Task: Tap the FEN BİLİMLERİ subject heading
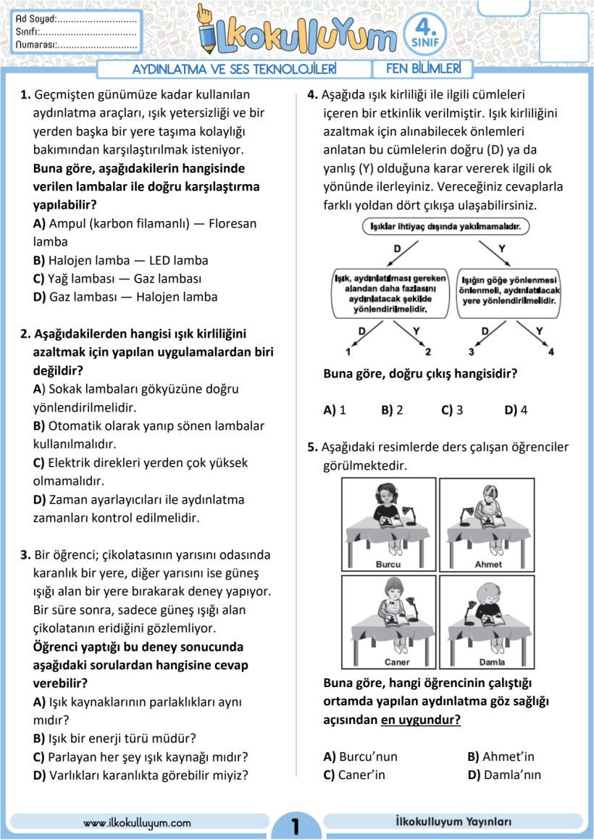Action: point(423,70)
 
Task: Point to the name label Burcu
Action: point(388,564)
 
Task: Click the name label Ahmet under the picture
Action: point(488,564)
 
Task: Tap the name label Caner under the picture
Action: point(396,662)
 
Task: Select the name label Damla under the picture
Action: point(492,662)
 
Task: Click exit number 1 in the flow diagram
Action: point(348,352)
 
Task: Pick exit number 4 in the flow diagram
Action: point(551,352)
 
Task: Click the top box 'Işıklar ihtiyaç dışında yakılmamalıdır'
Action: point(446,227)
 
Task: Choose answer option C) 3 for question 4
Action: point(451,409)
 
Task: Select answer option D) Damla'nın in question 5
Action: point(504,775)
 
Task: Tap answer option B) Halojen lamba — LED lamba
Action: point(120,260)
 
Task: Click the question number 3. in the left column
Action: point(26,555)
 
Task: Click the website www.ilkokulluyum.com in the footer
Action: point(137,823)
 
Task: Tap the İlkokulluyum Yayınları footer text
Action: point(454,822)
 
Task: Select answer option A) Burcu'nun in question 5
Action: point(361,757)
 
